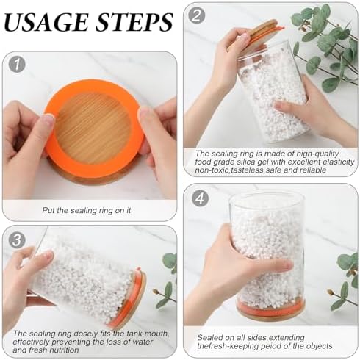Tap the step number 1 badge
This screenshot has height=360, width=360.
tap(17, 65)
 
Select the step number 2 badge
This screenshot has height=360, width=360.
tap(196, 15)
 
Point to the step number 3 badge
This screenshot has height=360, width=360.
tap(17, 240)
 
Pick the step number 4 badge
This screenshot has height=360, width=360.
tap(200, 198)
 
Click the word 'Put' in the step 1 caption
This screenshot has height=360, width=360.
tap(48, 210)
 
